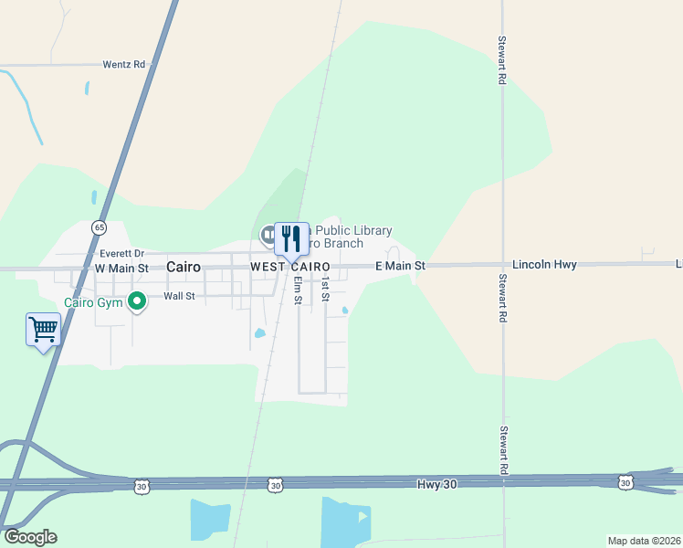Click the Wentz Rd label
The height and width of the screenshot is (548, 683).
(124, 65)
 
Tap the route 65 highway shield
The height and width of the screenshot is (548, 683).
(99, 227)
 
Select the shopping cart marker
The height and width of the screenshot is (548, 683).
(44, 329)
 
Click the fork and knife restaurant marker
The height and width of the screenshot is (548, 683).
(291, 239)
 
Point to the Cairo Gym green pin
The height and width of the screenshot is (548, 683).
(137, 300)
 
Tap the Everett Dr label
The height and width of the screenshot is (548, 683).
(122, 253)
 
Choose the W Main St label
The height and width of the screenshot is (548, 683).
(121, 268)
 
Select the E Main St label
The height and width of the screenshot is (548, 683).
(401, 266)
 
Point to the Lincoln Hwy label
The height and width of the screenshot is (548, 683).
(544, 265)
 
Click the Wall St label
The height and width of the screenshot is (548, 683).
(179, 296)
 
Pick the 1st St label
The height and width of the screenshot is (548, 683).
(325, 291)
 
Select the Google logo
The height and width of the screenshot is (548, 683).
(30, 537)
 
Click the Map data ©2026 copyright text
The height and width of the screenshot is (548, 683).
(643, 541)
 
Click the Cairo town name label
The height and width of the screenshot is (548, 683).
(184, 267)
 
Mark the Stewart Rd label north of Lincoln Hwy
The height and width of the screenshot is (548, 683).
(502, 61)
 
